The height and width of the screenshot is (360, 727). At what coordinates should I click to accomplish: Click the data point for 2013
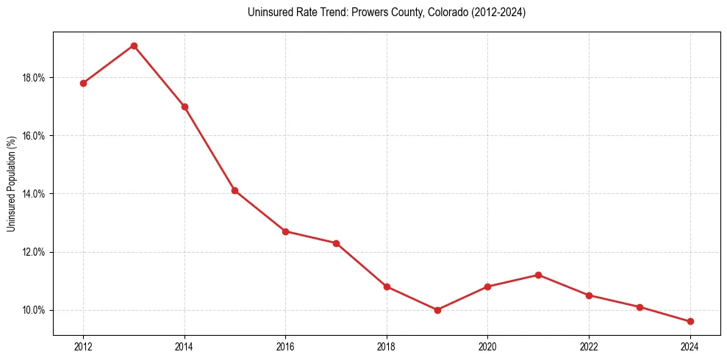point(134,46)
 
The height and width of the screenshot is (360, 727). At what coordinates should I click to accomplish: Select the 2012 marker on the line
point(83,83)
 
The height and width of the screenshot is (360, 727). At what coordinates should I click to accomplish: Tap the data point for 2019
point(437,310)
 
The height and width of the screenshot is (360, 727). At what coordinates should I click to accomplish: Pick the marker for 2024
point(690,322)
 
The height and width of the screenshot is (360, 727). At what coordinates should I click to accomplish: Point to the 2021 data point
point(538,275)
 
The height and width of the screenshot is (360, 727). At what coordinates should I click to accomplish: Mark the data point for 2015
point(234,190)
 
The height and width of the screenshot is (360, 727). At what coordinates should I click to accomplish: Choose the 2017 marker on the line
point(336,243)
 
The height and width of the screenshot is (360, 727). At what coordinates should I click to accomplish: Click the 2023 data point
point(640,307)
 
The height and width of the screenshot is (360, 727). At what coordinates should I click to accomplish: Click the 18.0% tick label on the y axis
point(34,78)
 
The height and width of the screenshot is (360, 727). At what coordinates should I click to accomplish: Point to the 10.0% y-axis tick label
point(34,310)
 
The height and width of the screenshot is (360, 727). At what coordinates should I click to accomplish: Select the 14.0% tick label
point(34,194)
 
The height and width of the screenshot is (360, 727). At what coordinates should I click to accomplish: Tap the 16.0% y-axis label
point(34,136)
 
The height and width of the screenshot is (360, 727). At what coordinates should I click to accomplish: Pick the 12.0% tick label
point(34,252)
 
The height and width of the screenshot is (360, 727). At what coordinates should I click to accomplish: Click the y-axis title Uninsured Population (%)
point(11,184)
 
